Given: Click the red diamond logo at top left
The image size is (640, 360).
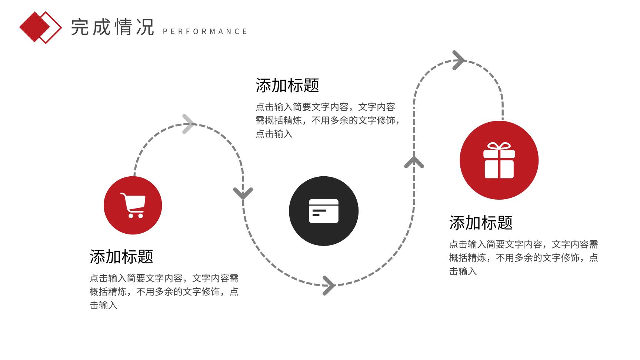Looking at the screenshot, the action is point(40,27).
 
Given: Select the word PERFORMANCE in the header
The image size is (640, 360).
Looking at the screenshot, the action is point(205,31).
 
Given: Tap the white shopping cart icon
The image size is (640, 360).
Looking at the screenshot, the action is point(133,205).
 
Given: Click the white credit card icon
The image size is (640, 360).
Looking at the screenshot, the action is point(324,211).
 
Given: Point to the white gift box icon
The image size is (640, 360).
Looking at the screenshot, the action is point(499,160).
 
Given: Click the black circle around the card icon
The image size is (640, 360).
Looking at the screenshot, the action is point(324,211).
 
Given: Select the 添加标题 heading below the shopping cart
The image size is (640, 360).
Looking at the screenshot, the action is point(121,257).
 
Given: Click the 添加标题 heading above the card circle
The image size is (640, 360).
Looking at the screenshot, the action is point(287,86).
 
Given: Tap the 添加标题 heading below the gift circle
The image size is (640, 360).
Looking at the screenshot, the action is point(481,223).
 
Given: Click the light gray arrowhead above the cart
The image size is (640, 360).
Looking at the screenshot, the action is point(189,124).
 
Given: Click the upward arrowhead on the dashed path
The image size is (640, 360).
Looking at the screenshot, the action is point(414,162).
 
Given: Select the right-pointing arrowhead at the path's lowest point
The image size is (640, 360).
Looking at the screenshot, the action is point(329,286).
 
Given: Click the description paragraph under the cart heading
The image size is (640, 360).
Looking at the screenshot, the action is point(164,292).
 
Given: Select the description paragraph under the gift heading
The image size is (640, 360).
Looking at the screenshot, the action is point(524,258).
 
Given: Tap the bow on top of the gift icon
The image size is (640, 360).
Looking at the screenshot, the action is point(499,146).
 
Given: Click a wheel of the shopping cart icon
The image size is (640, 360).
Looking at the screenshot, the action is point(130,216).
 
